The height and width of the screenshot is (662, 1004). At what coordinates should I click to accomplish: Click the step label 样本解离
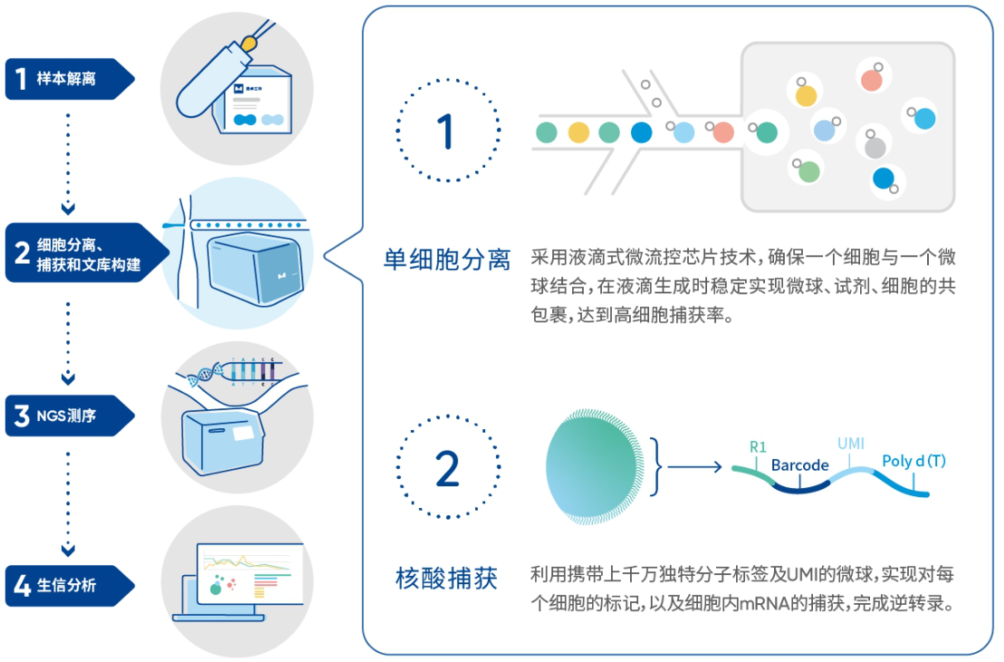[65, 79]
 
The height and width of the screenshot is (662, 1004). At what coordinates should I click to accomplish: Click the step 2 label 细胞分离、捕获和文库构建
[88, 253]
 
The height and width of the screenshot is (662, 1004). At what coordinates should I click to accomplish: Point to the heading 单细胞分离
[446, 260]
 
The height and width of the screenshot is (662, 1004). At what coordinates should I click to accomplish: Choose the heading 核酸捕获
[446, 578]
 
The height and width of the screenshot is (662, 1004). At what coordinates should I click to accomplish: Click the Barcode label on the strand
[800, 465]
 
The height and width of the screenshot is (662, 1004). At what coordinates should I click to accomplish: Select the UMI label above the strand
[851, 444]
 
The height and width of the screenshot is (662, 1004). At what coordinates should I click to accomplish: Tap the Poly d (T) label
[913, 461]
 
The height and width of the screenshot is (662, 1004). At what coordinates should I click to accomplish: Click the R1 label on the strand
[758, 446]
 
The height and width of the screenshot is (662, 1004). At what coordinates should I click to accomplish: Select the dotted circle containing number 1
[447, 132]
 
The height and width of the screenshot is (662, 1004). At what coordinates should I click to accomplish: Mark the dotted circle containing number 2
[447, 467]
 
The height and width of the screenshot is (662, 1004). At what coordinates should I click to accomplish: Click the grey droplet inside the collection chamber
[875, 146]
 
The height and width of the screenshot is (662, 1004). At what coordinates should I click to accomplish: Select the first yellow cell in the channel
[578, 133]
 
